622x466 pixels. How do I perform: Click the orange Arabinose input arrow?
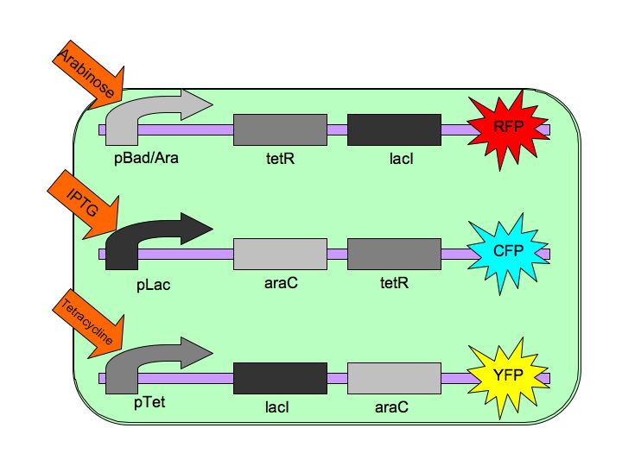[x=90, y=71]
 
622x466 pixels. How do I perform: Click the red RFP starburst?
[x=509, y=129]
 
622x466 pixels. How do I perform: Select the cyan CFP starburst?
[x=509, y=252]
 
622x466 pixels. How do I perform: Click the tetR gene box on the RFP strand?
[x=280, y=129]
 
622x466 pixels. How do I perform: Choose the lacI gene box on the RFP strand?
[x=394, y=129]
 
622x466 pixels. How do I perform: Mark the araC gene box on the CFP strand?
[x=280, y=254]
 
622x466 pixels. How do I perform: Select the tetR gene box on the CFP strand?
[x=394, y=254]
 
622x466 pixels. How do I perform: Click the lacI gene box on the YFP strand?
[x=280, y=378]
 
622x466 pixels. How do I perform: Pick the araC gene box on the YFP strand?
[x=394, y=378]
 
